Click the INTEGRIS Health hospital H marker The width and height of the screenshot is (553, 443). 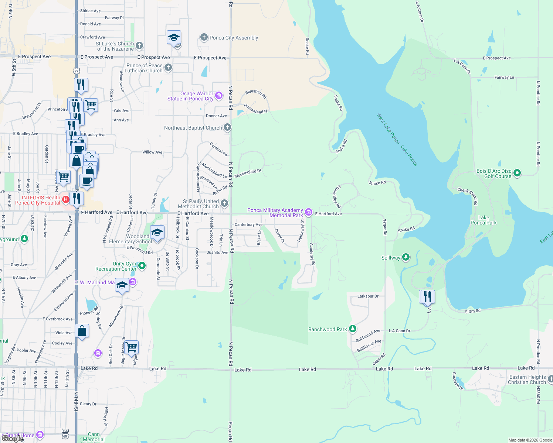tap(66, 200)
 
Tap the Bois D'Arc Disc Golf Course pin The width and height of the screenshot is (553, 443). tap(517, 173)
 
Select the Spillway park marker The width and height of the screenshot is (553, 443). tap(406, 257)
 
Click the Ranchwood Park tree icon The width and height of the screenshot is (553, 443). tap(353, 329)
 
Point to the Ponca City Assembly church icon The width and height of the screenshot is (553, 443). tap(204, 37)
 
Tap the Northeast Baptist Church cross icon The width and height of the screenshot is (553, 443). tap(227, 127)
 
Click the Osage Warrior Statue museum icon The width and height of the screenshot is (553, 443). tap(219, 96)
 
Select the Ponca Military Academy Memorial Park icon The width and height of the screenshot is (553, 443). tap(309, 213)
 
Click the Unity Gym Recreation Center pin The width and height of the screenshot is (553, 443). tap(142, 266)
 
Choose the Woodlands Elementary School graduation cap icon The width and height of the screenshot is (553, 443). tap(157, 233)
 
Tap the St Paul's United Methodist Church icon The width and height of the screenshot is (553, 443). tap(224, 203)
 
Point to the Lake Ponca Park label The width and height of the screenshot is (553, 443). tap(484, 220)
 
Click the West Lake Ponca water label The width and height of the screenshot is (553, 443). tap(388, 128)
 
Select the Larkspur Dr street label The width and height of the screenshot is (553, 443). tap(368, 296)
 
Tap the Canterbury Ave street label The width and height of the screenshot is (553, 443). tap(248, 224)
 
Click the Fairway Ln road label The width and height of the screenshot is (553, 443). tap(504, 78)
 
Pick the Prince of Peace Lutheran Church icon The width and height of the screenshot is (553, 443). tap(168, 67)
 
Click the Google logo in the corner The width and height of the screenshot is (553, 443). tap(12, 439)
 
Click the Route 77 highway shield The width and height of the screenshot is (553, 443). tap(77, 71)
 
